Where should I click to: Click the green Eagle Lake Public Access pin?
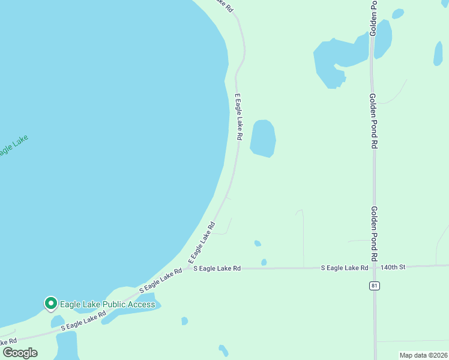(51, 304)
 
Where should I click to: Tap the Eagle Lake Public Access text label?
(107, 304)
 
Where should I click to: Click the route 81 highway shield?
(375, 286)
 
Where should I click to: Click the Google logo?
(20, 353)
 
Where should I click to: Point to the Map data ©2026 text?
(423, 355)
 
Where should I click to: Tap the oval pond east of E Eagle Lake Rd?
(263, 138)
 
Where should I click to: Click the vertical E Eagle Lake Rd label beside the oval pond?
(238, 116)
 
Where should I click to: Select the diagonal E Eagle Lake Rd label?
(202, 244)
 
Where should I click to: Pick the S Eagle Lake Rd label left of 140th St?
(345, 268)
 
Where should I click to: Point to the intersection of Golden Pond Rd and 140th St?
(375, 266)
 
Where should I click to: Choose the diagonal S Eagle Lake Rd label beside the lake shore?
(160, 280)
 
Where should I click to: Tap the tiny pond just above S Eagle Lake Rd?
(264, 262)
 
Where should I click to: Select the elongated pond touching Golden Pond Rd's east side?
(383, 38)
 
